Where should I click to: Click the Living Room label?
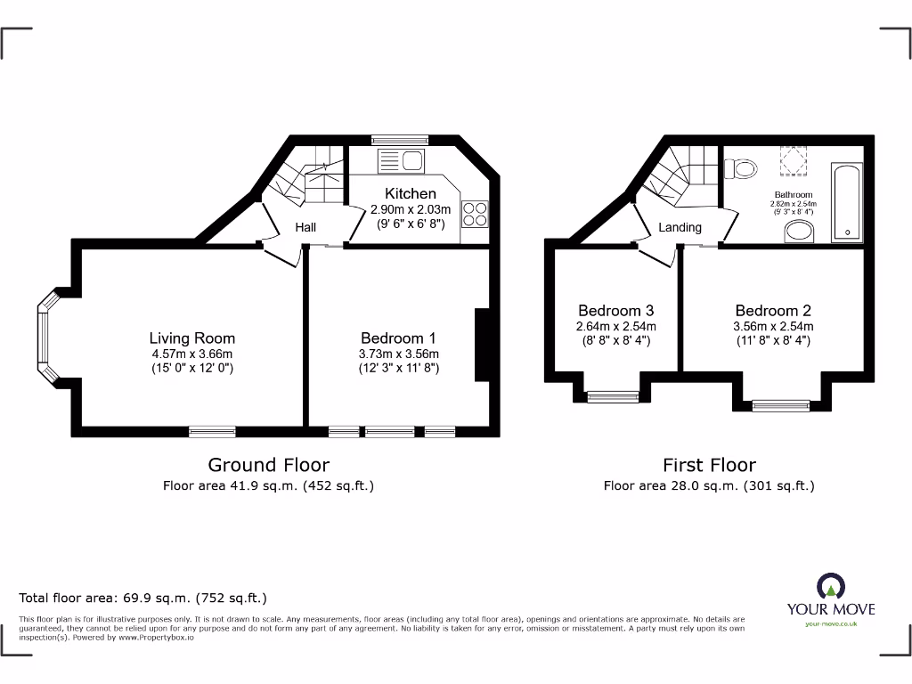click(x=191, y=338)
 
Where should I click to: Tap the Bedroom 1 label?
click(x=398, y=338)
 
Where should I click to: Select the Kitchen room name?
click(x=411, y=193)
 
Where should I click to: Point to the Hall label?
click(x=305, y=228)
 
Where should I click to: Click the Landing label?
click(x=680, y=227)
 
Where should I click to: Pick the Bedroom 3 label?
click(x=616, y=310)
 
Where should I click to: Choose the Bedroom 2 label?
click(x=773, y=310)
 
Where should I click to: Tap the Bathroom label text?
click(x=793, y=194)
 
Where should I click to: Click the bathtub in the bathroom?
click(x=846, y=202)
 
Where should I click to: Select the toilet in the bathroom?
click(x=740, y=167)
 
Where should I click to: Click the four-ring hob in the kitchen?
click(x=475, y=214)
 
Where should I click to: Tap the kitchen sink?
click(x=403, y=161)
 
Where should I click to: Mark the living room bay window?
click(x=45, y=338)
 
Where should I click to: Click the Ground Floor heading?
click(x=268, y=465)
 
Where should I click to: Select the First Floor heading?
click(x=709, y=465)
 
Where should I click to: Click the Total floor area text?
click(x=142, y=598)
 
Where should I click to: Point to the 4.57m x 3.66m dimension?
click(x=191, y=354)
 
